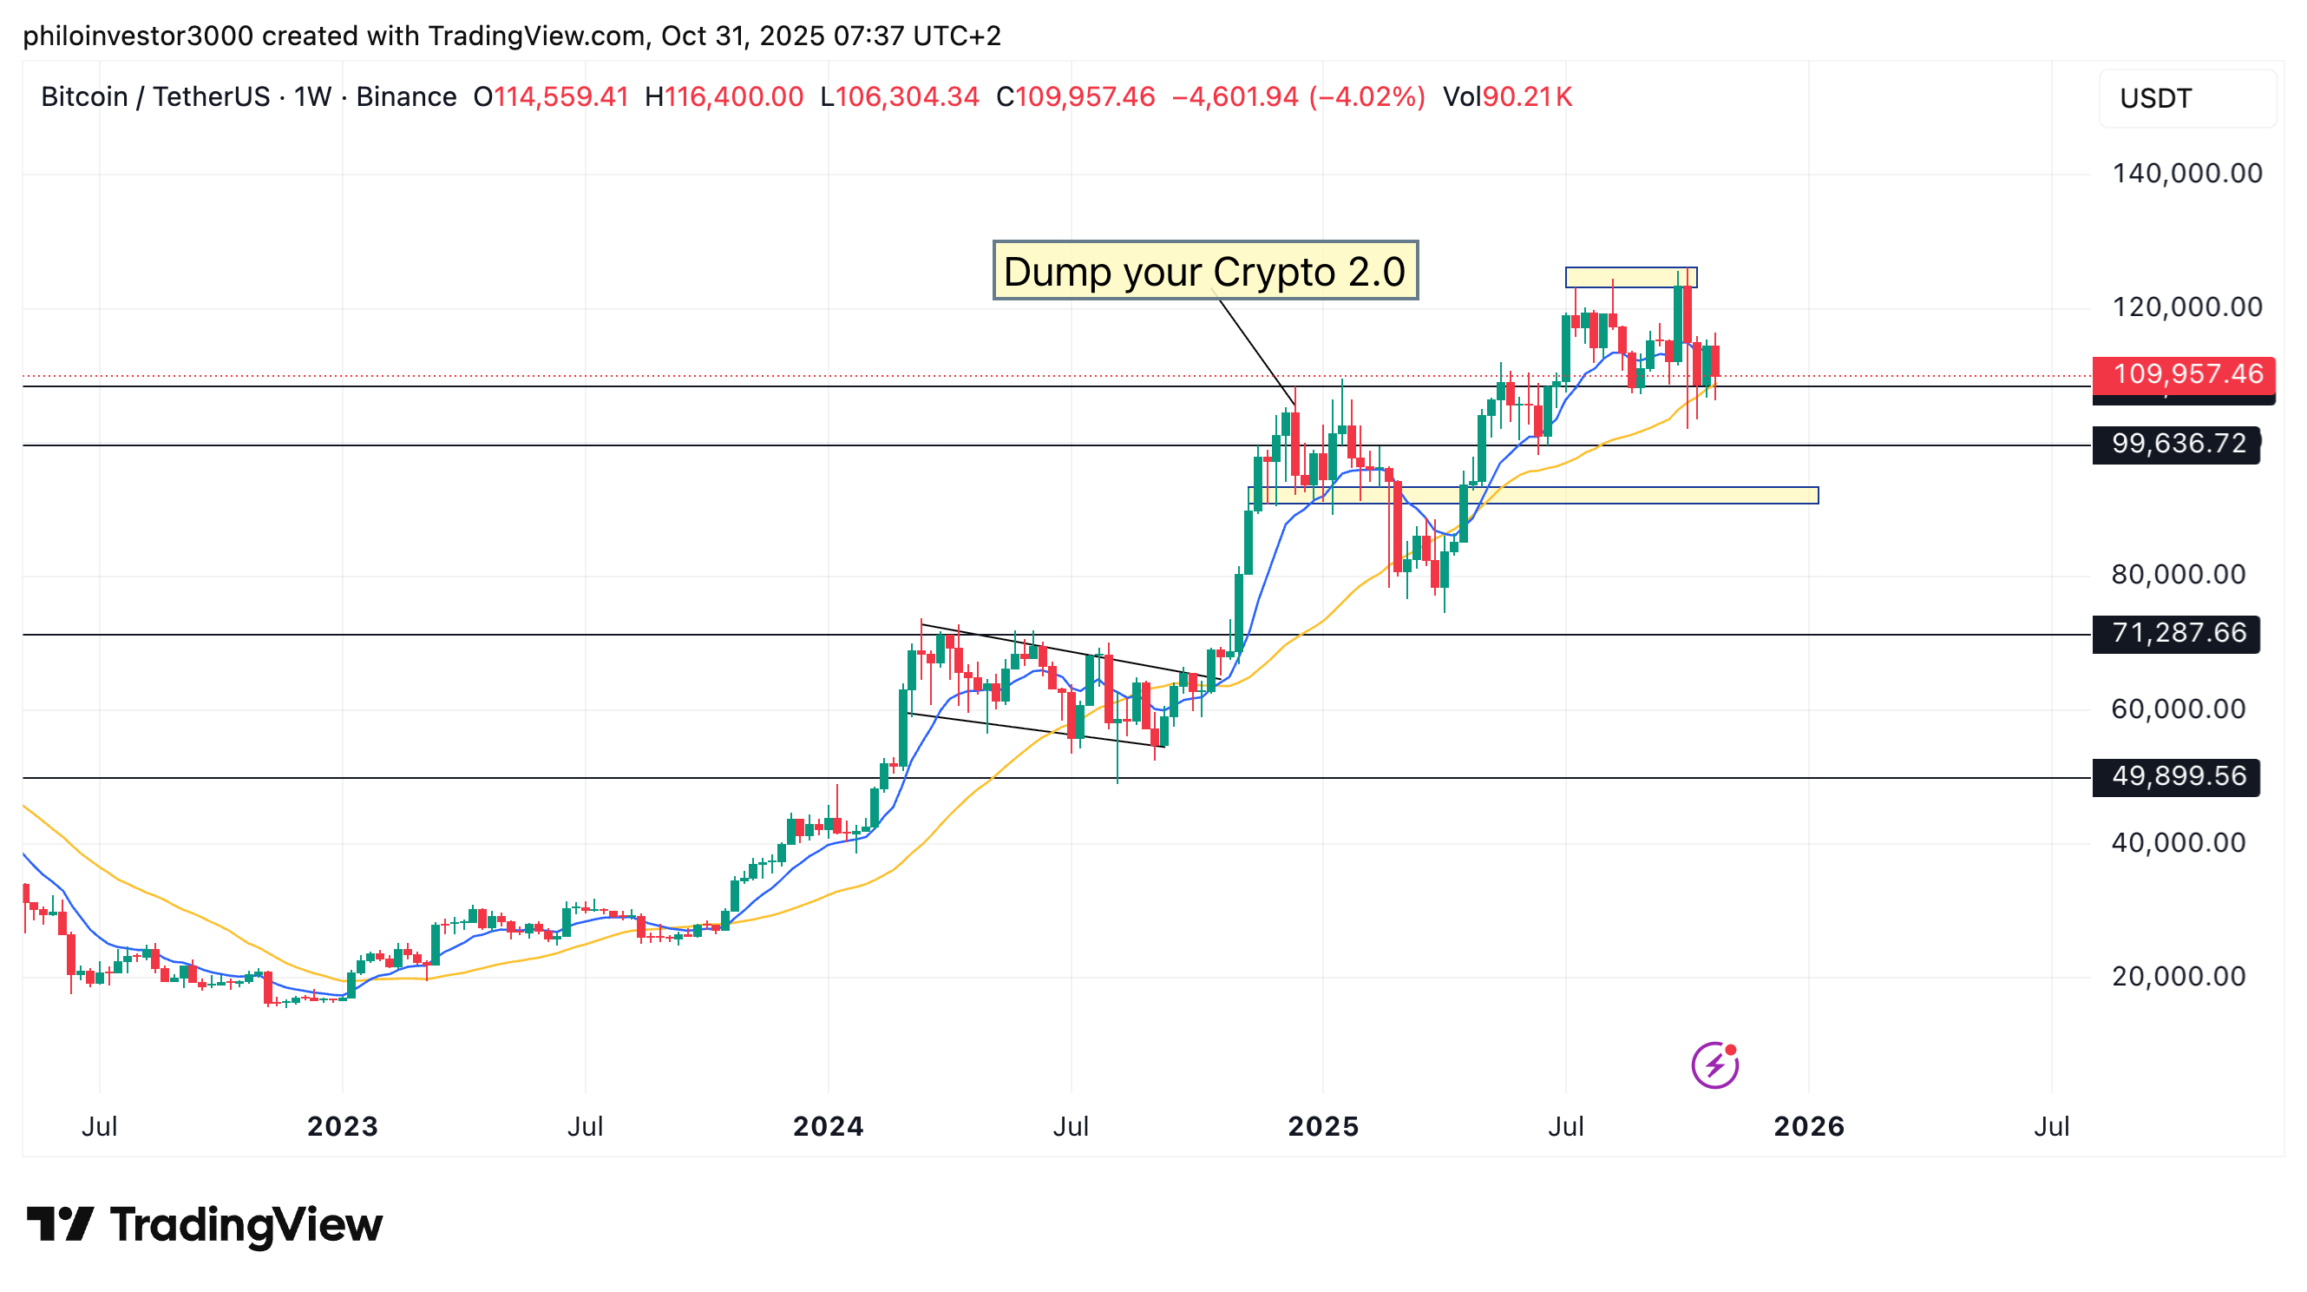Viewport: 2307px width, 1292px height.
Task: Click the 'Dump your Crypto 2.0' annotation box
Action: pos(1204,271)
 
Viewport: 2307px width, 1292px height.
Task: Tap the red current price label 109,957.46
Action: pos(2186,373)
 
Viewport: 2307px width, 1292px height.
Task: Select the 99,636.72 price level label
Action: pos(2177,444)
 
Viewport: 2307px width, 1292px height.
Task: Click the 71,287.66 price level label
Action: pos(2177,634)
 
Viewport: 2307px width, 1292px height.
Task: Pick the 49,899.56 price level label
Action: pos(2177,776)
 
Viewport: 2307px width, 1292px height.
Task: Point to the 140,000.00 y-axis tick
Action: pos(2186,174)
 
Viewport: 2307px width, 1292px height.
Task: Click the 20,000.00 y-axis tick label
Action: pos(2177,977)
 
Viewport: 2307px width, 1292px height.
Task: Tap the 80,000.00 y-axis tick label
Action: pos(2177,574)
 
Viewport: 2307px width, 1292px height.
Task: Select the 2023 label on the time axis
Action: pos(342,1126)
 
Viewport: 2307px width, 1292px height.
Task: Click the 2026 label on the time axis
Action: pos(1808,1126)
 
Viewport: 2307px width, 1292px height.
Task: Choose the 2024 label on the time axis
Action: pos(828,1126)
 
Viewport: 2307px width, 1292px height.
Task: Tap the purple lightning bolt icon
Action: pos(1714,1065)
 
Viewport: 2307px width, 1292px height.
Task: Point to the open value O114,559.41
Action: pos(551,96)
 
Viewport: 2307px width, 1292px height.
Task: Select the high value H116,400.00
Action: pos(724,96)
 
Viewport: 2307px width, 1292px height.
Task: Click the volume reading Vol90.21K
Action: pos(1507,96)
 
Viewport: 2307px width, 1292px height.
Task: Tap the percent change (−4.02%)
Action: pos(1367,96)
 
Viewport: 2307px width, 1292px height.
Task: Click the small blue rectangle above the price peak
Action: pos(1630,278)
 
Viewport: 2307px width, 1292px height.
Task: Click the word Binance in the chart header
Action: pos(406,96)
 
